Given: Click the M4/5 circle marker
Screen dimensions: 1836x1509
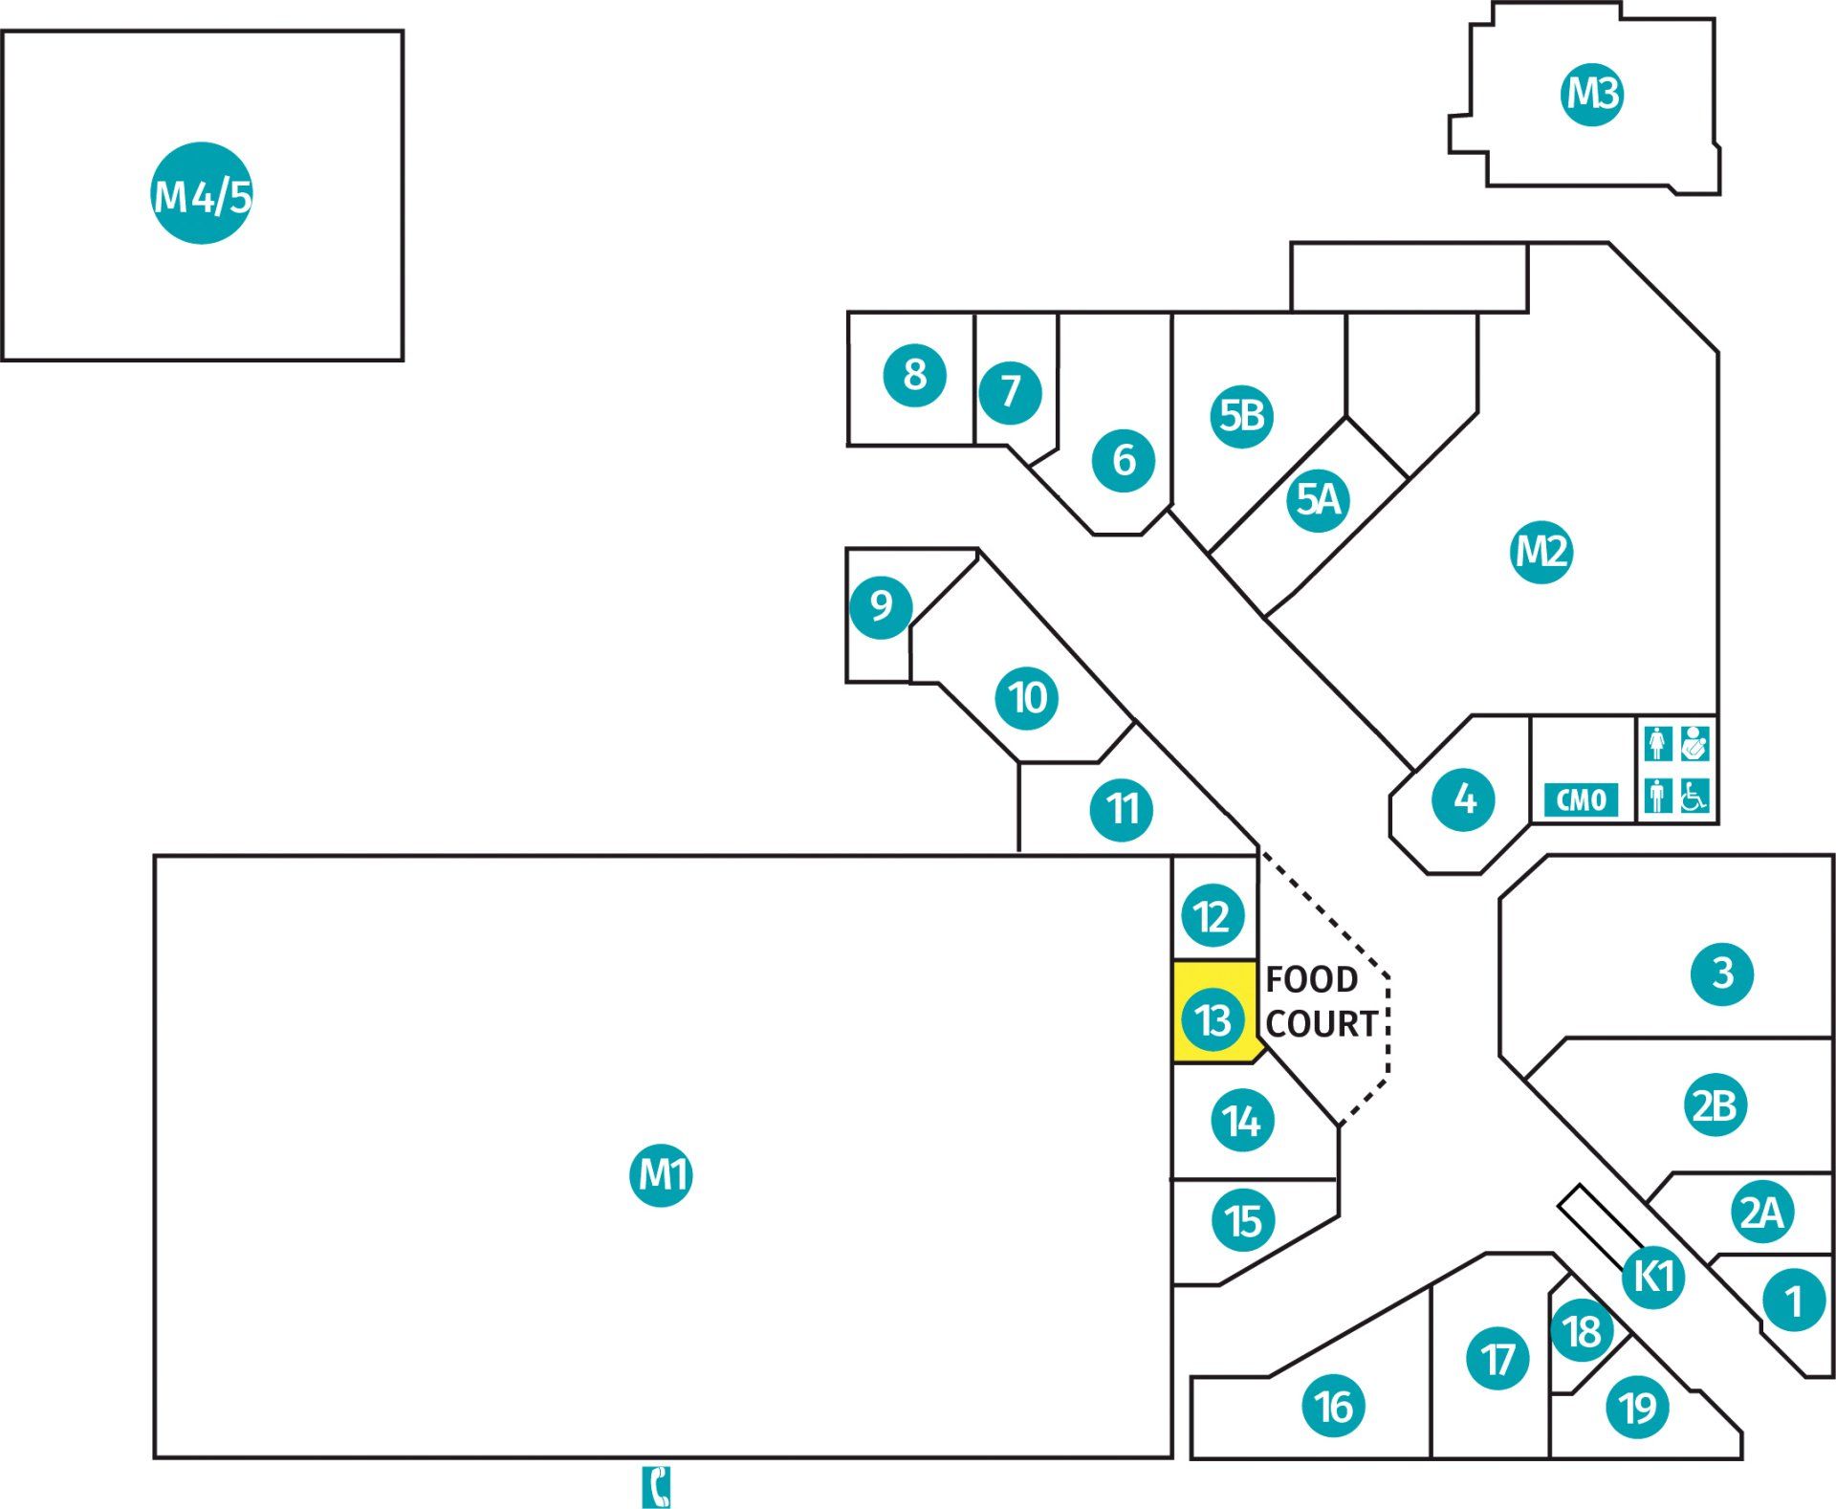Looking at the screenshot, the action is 202,193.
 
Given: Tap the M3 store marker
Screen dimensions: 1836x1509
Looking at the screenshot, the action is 1592,93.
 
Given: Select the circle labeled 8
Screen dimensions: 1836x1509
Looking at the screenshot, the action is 914,375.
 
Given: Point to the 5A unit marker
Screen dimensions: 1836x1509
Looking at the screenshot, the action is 1318,498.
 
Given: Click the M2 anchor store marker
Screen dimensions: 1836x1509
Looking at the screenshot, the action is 1541,551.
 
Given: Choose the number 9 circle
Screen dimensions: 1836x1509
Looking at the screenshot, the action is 881,605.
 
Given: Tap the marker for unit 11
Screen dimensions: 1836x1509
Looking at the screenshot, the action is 1122,809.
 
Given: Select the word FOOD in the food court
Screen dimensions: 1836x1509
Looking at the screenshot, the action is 1311,979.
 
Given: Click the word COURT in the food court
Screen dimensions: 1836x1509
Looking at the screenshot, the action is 1322,1024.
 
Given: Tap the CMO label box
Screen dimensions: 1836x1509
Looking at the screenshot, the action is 1581,799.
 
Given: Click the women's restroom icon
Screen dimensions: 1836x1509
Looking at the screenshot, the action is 1658,743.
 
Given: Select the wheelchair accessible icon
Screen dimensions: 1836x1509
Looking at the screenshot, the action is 1694,796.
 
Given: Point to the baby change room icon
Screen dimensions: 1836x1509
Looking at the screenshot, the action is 1694,743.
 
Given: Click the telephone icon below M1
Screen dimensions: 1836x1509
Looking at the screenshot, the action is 656,1486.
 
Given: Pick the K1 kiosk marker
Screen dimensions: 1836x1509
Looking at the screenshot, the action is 1654,1276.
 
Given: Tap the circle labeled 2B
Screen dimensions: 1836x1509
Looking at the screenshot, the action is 1715,1105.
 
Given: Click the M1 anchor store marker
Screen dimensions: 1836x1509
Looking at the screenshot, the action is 661,1173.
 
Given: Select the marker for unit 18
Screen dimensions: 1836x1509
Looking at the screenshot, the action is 1582,1330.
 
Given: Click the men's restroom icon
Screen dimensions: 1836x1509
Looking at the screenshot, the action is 1658,796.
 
